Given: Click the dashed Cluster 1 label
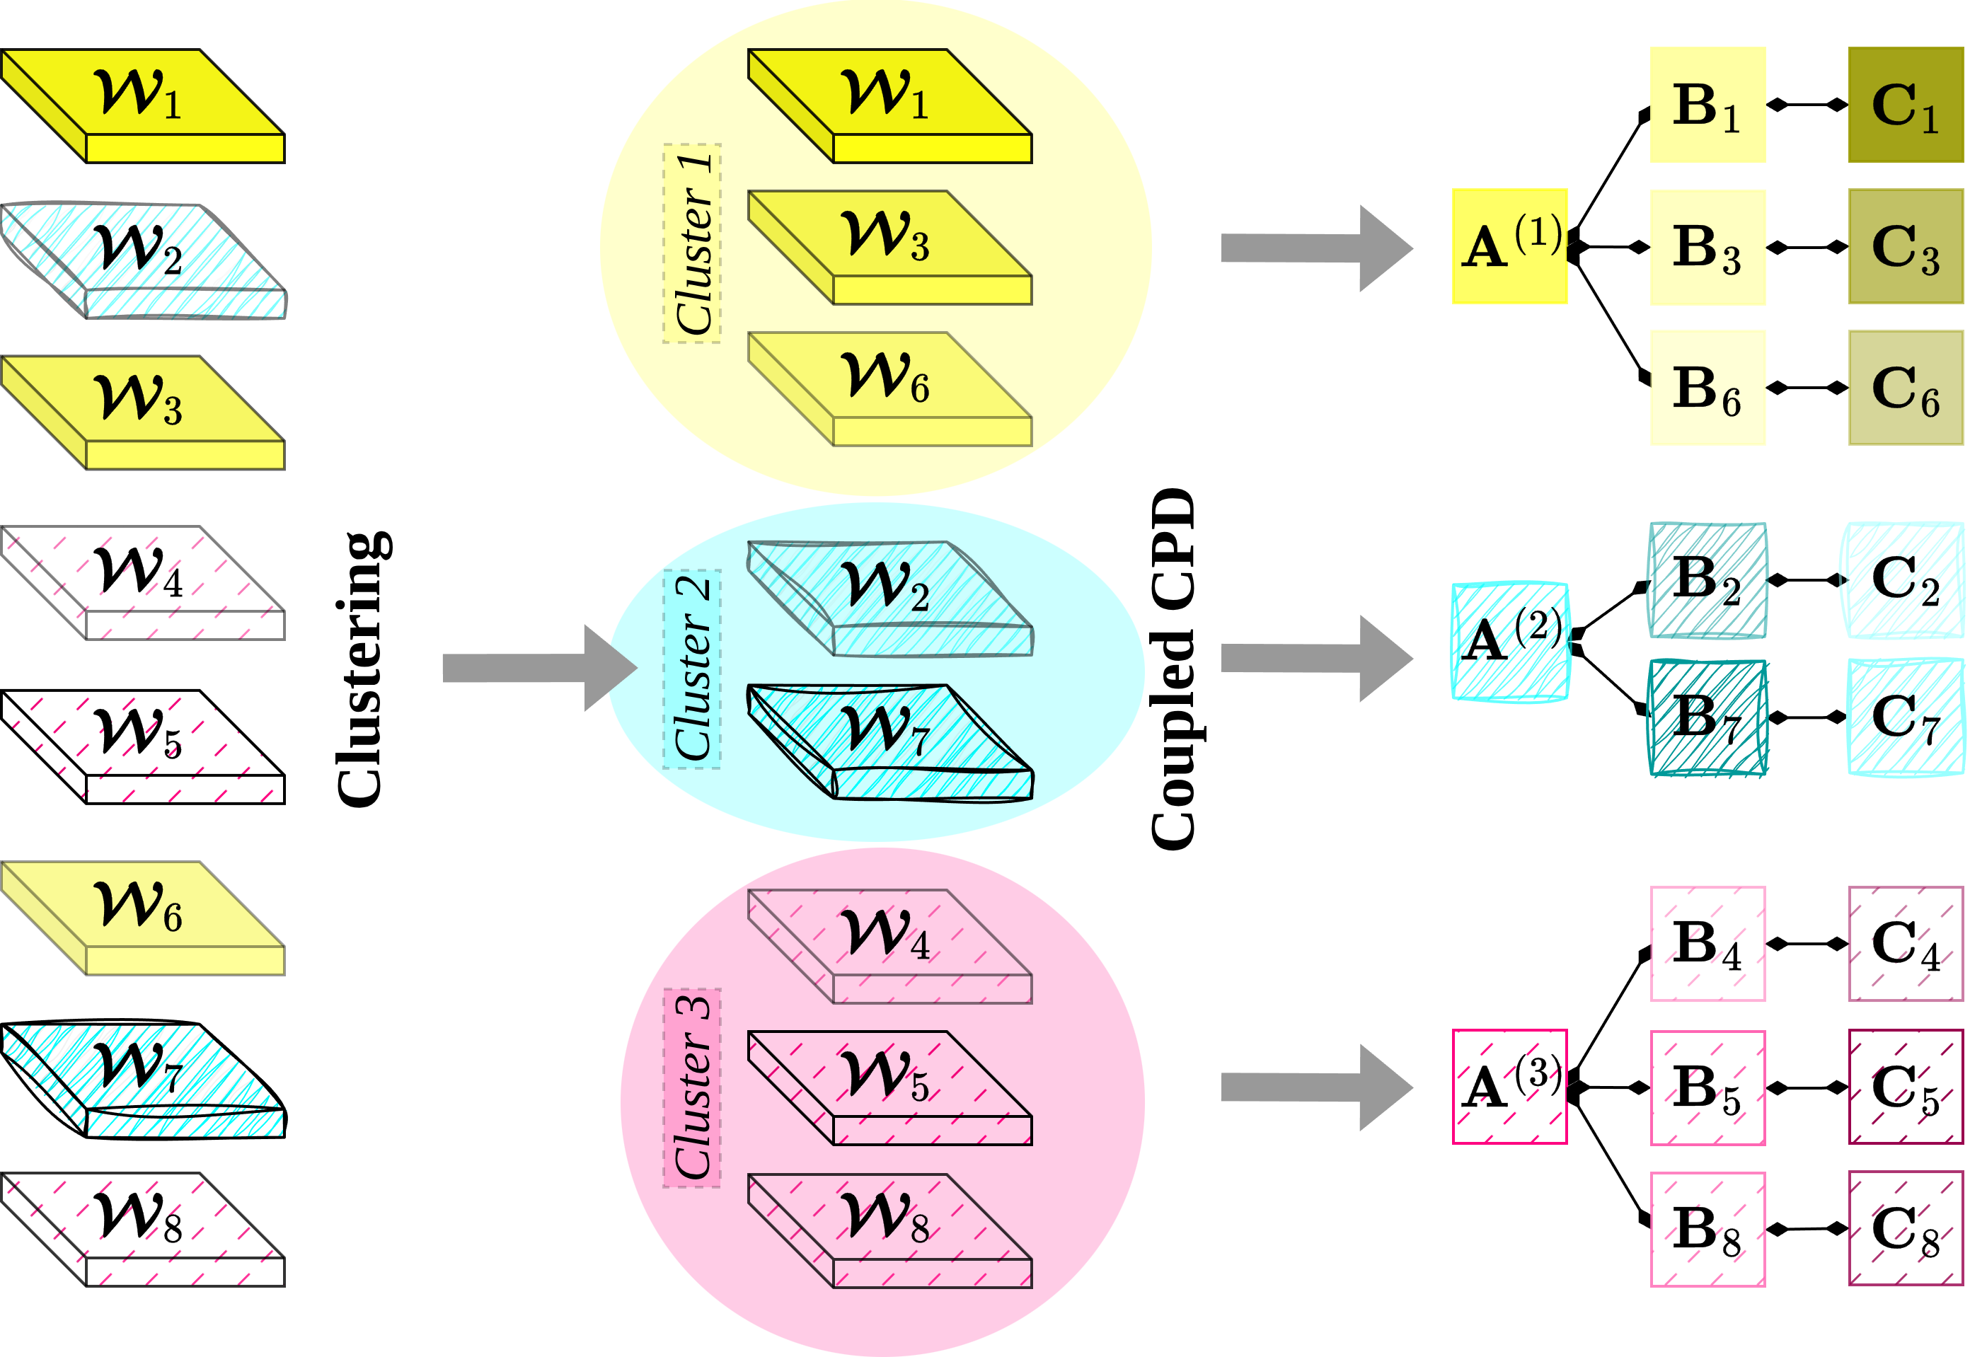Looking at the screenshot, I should click(692, 244).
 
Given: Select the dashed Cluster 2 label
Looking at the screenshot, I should click(692, 669).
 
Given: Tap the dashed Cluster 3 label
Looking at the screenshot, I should click(692, 1088).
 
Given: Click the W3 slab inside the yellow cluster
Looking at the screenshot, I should click(889, 247).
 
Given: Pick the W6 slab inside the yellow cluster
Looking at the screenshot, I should click(889, 388).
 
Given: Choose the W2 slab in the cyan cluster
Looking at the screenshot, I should click(889, 598).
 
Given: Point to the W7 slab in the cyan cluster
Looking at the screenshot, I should click(889, 741).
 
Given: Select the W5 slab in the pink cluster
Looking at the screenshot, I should click(889, 1088).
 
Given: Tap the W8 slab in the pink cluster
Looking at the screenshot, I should click(889, 1230).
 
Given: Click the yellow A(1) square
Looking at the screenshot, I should click(1509, 247).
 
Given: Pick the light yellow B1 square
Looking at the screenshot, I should click(1707, 105).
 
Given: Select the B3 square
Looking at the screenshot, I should click(1707, 248).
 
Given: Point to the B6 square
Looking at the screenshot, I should click(1707, 388).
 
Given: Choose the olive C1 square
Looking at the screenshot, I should click(1906, 105).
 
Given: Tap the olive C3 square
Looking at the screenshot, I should click(1906, 248).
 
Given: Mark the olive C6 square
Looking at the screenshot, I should click(1906, 388).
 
